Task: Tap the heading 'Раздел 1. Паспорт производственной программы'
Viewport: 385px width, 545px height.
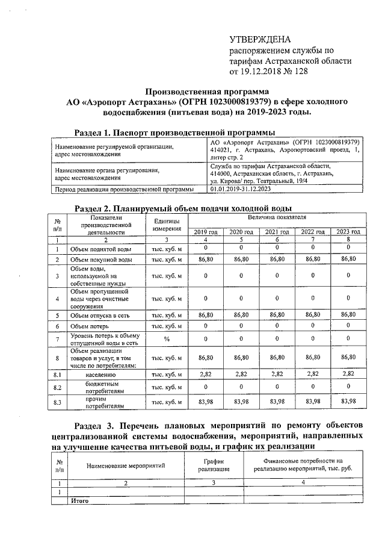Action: click(x=174, y=132)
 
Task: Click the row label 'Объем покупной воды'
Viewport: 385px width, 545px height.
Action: click(x=101, y=260)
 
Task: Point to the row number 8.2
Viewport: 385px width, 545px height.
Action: click(x=58, y=387)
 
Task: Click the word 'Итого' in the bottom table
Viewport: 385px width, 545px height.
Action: click(x=79, y=500)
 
